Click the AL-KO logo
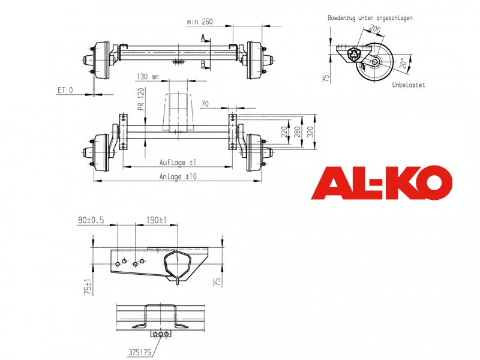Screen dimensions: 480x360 click(382, 183)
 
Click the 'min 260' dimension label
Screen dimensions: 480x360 click(200, 22)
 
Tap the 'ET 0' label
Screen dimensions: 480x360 click(65, 90)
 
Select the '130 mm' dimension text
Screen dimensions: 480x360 click(148, 76)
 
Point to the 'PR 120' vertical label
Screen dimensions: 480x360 click(141, 99)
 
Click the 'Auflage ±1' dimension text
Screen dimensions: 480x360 click(178, 162)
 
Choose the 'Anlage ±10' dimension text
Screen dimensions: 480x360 click(178, 176)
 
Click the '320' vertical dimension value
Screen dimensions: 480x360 click(310, 132)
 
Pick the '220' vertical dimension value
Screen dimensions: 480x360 click(284, 132)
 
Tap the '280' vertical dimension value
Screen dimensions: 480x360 click(297, 132)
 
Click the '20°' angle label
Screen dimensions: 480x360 click(404, 62)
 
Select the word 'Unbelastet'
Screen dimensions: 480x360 click(409, 85)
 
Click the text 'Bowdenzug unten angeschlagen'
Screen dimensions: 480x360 click(370, 18)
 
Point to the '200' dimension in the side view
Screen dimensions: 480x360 click(374, 29)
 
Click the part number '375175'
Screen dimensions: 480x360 click(140, 353)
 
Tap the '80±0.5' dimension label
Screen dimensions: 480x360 click(91, 220)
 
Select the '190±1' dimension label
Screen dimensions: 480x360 click(156, 220)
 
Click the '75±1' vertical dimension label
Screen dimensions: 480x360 click(88, 286)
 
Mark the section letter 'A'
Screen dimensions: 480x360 click(203, 37)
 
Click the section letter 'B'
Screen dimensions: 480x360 click(203, 64)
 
